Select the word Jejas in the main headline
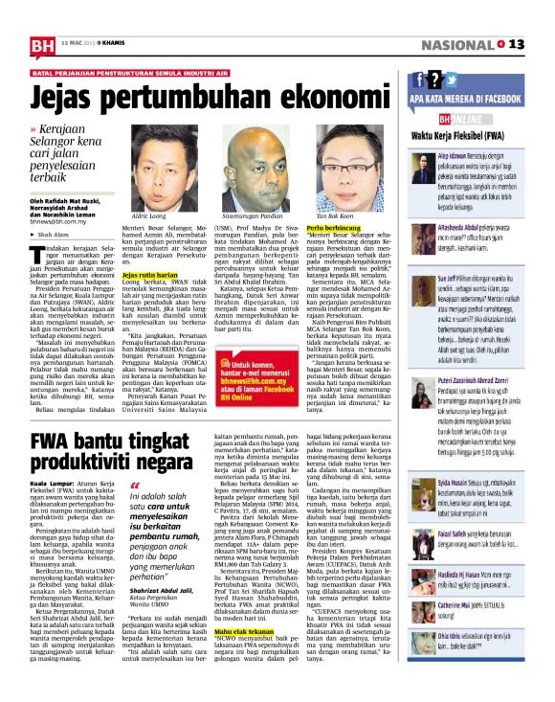[x=71, y=98]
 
